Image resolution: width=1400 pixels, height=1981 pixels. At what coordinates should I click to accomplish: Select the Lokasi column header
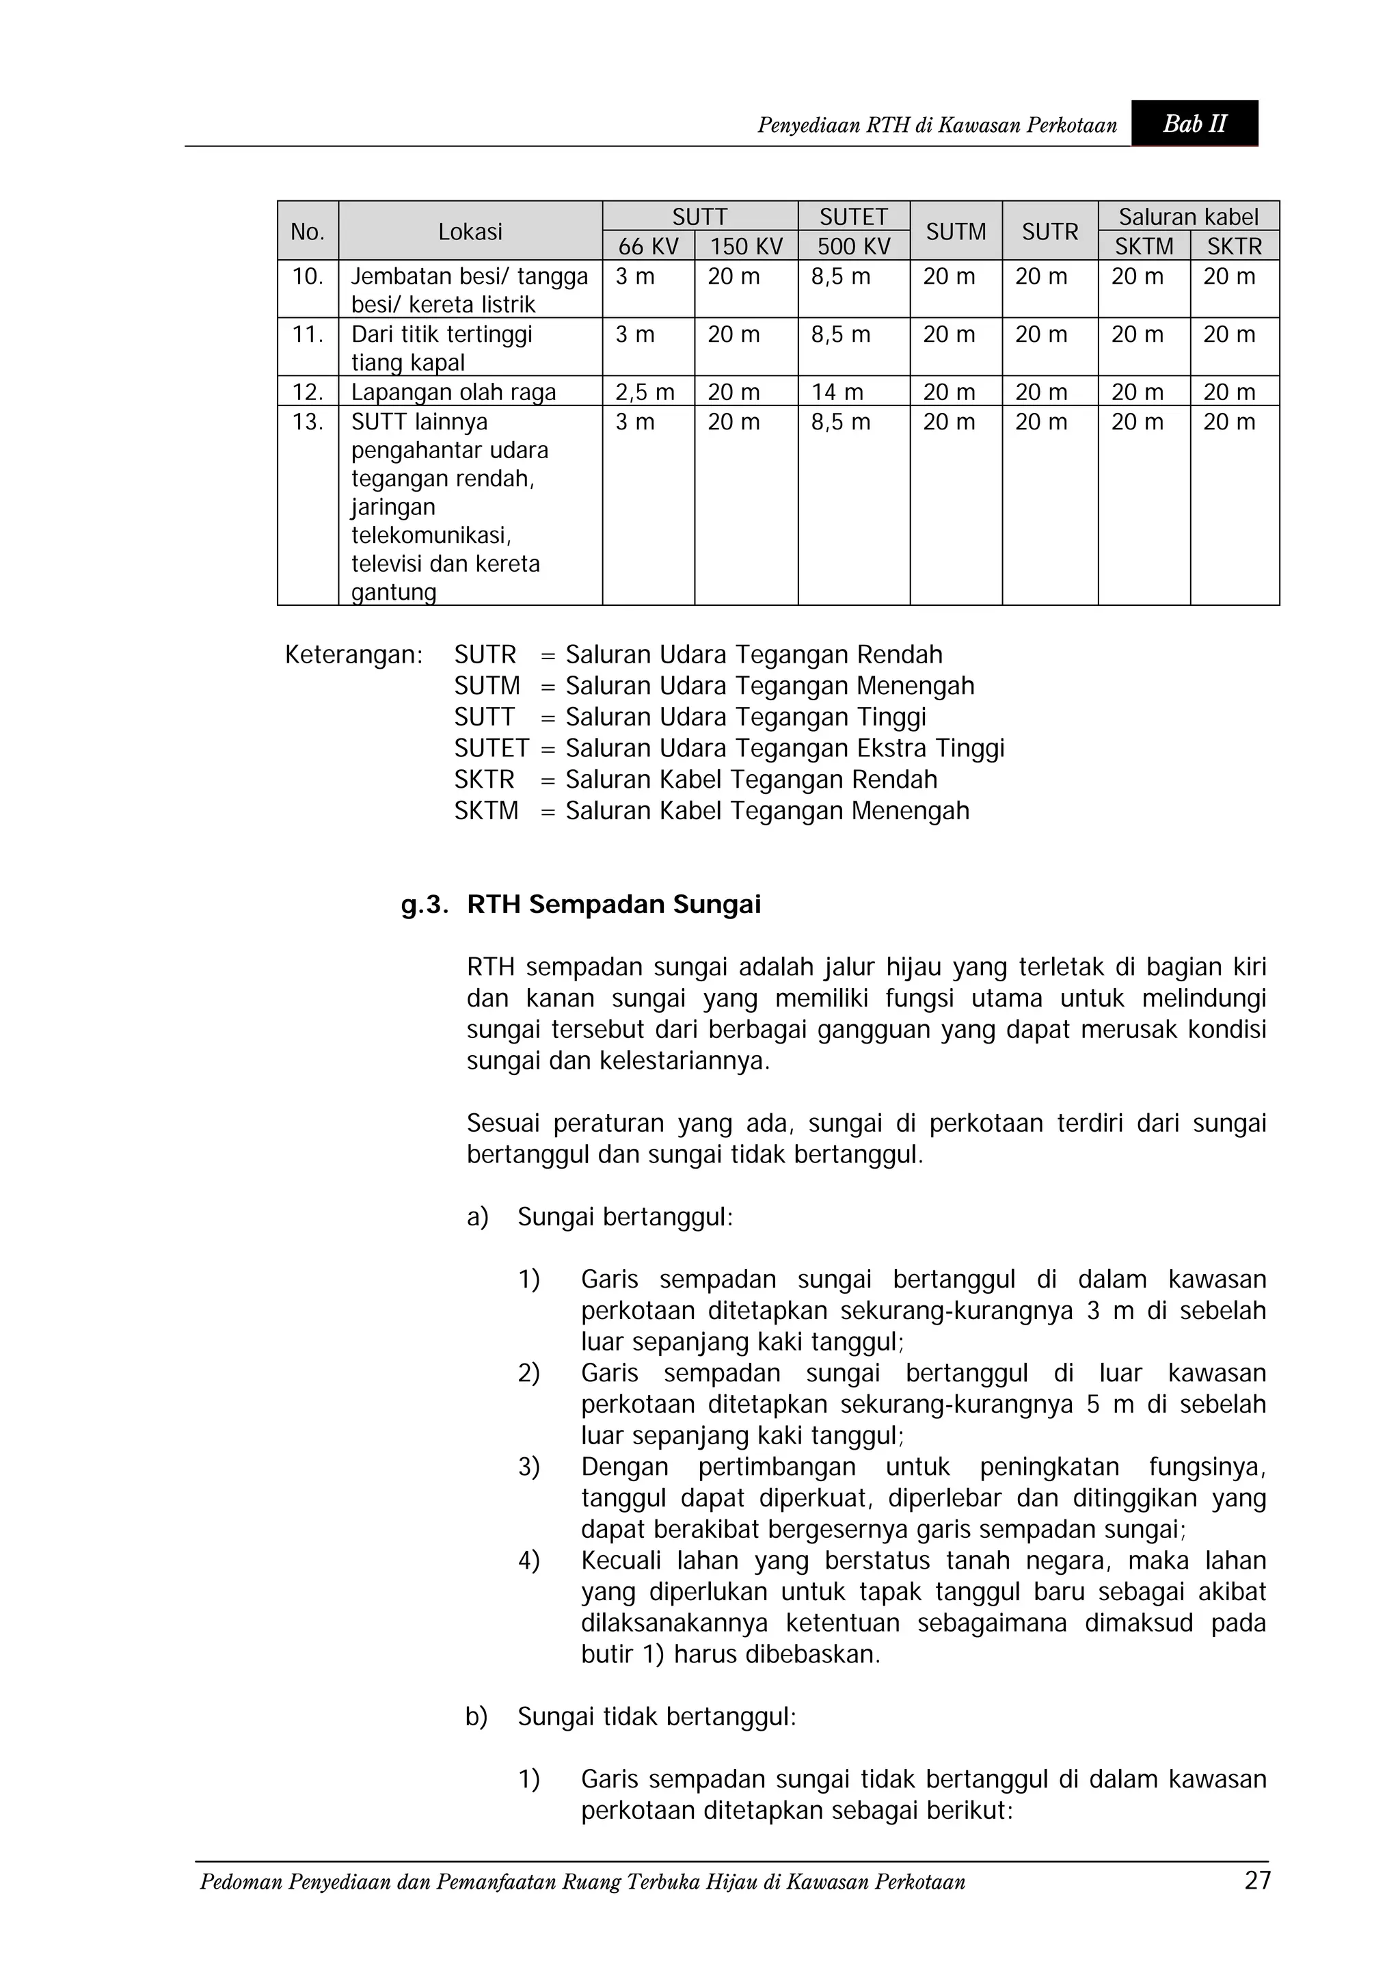(x=470, y=231)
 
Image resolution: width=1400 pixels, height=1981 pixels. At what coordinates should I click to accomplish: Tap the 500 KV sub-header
(x=853, y=247)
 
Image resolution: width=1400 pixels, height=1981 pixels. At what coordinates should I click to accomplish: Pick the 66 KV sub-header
(x=648, y=247)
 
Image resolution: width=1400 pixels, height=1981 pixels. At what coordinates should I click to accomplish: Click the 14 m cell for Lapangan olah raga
(x=837, y=393)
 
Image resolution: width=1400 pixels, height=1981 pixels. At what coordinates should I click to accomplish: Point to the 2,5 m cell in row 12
(x=645, y=393)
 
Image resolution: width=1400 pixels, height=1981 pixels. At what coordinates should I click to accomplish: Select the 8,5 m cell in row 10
(x=840, y=277)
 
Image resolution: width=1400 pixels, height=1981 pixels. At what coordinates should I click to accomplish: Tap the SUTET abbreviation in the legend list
(x=491, y=748)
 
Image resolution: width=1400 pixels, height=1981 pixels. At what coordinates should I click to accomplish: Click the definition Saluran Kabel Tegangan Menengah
(x=767, y=811)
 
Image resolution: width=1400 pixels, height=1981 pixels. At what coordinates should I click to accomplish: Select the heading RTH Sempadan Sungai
(x=613, y=904)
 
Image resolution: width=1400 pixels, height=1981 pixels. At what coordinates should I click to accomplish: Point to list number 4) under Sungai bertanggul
(x=528, y=1561)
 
